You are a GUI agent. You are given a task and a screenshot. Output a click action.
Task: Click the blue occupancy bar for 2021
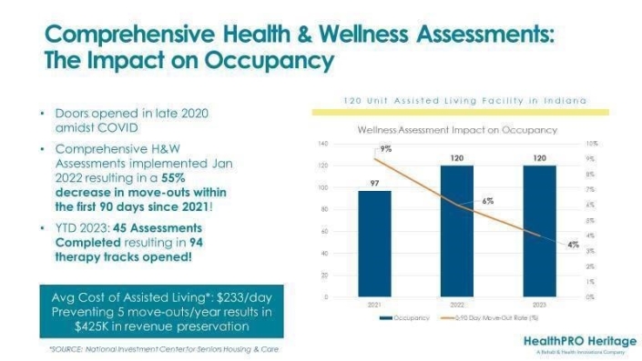coord(374,243)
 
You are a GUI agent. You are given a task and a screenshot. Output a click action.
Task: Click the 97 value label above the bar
coord(374,183)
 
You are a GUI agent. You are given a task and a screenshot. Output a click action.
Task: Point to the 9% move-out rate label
coord(385,148)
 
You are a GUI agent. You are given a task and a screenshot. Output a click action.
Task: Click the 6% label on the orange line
coord(488,200)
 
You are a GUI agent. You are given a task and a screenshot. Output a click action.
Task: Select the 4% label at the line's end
coord(573,245)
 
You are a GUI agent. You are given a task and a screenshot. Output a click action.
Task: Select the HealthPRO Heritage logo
coord(581,344)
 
